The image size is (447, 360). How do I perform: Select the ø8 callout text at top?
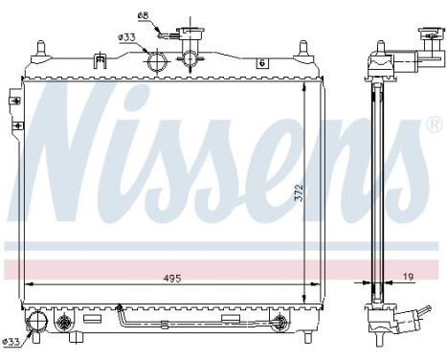(144, 16)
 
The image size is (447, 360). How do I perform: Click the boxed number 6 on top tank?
(260, 63)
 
